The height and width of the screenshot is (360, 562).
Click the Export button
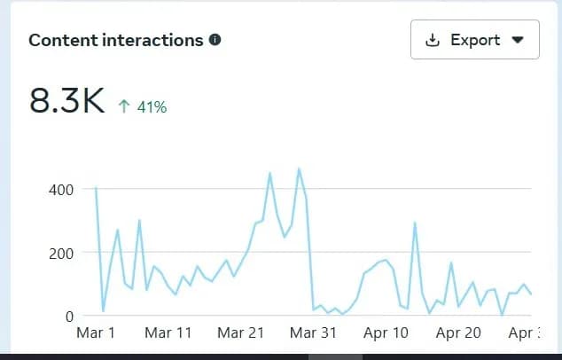coord(474,40)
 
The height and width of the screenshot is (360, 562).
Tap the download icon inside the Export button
coord(433,40)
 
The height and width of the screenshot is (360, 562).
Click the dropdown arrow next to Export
coord(519,40)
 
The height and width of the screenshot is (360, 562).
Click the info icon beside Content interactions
coord(215,40)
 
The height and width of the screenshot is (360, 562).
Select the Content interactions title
coord(116,40)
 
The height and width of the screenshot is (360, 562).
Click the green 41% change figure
coord(151,107)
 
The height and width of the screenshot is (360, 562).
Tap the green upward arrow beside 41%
coord(124,106)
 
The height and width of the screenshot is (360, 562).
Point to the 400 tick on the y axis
coord(60,189)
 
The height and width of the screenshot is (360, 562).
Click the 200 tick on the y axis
coord(60,253)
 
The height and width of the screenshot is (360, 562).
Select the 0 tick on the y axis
coord(67,316)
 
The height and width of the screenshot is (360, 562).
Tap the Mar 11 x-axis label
coord(168,333)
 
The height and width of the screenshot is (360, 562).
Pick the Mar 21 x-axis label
coord(240,333)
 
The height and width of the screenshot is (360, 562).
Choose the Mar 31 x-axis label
coord(314,333)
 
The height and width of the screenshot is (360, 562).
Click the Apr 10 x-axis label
coord(386,333)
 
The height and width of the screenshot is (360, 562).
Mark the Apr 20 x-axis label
coord(459,333)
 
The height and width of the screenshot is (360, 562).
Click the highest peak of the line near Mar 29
coord(299,168)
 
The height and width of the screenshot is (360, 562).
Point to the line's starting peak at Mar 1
coord(96,187)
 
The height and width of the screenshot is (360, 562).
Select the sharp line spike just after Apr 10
coord(415,223)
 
